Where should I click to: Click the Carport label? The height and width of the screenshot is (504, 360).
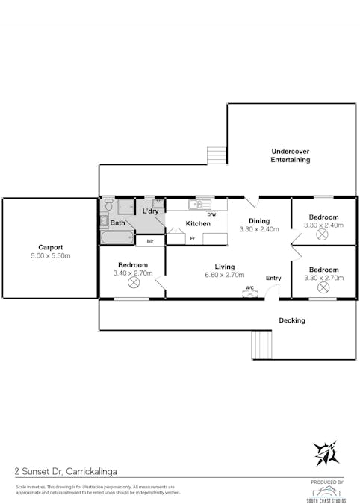[x=51, y=247]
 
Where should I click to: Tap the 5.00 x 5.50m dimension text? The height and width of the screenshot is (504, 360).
[x=51, y=256]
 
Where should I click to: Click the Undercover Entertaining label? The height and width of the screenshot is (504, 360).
[x=290, y=155]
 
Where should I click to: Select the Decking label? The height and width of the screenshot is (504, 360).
[x=292, y=320]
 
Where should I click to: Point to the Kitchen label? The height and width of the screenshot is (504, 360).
[x=198, y=223]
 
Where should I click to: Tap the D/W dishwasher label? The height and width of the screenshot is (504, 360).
[x=211, y=214]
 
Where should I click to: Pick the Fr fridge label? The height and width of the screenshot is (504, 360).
[x=193, y=238]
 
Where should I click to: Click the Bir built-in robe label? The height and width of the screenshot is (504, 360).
[x=150, y=240]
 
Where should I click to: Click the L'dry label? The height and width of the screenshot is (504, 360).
[x=151, y=212]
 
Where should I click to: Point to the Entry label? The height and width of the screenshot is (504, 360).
[x=273, y=279]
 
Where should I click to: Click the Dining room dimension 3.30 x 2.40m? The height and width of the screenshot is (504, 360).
[x=258, y=229]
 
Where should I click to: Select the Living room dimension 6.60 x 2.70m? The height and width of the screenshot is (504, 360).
[x=224, y=275]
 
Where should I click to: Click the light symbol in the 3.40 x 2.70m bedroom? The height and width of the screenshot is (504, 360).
[x=134, y=283]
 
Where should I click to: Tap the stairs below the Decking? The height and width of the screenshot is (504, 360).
[x=262, y=345]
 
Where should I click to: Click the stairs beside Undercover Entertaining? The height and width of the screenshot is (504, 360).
[x=216, y=155]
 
